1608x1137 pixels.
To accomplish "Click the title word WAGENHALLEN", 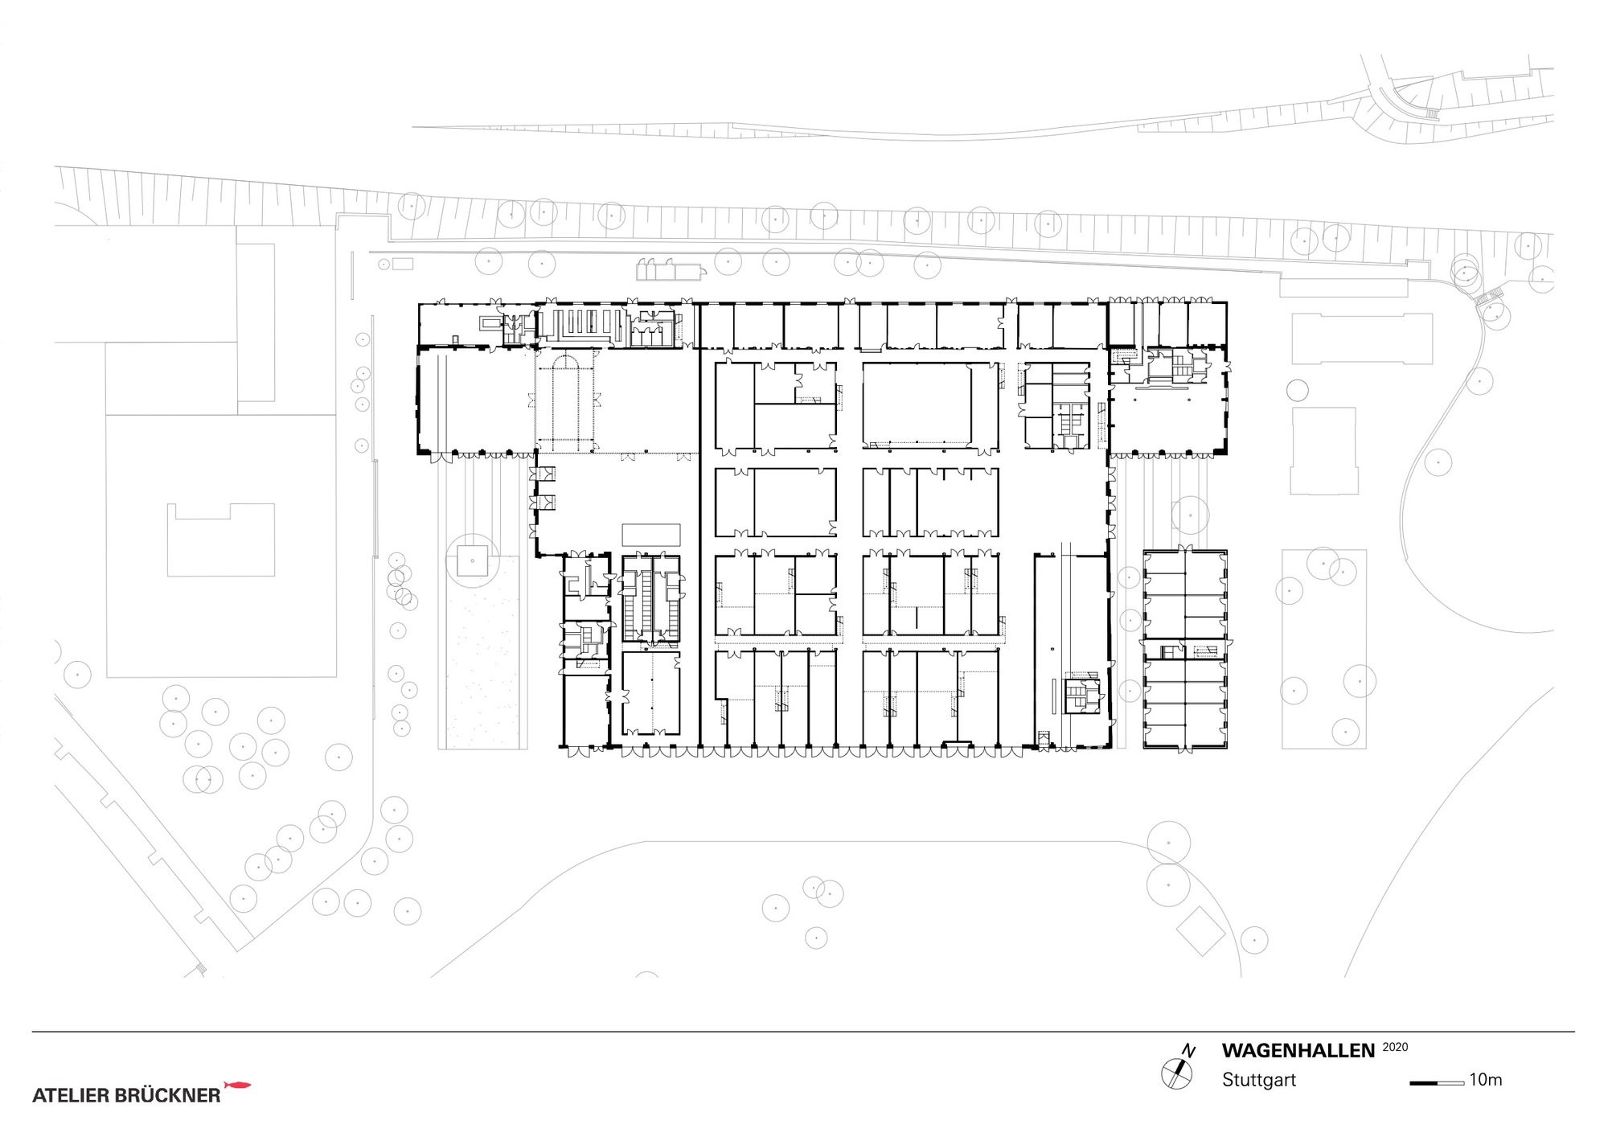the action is point(1298,1051).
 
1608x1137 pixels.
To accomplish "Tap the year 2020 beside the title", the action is point(1395,1047).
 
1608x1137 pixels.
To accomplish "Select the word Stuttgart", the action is point(1259,1080).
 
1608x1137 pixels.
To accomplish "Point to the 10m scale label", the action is point(1486,1080).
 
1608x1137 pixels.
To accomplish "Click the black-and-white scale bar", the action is point(1437,1083).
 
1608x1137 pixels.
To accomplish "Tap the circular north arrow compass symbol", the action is point(1176,1074).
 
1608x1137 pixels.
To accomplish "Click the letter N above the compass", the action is point(1189,1051).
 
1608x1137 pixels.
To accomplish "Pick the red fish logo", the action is point(237,1086).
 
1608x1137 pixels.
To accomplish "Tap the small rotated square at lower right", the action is point(1200,931).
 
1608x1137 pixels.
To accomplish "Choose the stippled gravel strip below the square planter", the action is point(482,652).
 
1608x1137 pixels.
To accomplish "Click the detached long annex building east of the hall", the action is point(1185,651).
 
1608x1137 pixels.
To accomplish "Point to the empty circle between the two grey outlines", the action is point(1297,390).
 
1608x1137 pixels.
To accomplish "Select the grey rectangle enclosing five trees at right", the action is point(1323,649).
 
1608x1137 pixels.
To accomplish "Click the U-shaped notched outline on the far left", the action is point(221,540).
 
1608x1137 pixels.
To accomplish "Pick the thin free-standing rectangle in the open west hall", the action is point(651,535).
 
